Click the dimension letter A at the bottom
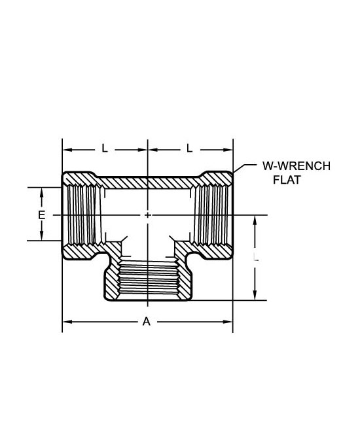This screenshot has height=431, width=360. [147, 321]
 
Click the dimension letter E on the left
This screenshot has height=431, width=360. [41, 215]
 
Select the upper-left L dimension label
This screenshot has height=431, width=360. [105, 148]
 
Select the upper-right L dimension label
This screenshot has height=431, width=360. [189, 148]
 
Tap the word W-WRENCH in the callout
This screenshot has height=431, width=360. [297, 166]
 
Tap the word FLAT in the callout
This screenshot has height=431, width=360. [287, 180]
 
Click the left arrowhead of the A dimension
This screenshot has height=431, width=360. [67, 322]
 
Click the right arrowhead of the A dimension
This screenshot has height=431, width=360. [228, 322]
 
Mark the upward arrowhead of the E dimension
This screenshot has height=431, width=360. [41, 193]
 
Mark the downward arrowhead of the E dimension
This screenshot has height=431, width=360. [41, 235]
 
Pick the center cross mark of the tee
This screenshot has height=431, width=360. [148, 215]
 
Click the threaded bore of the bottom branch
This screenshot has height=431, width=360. [148, 280]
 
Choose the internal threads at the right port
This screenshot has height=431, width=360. [211, 215]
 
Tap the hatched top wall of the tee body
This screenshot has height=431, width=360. [148, 182]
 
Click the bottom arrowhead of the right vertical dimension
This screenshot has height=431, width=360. [255, 295]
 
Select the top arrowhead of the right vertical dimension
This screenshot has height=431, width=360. [255, 220]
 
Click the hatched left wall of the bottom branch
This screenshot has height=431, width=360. [112, 277]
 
